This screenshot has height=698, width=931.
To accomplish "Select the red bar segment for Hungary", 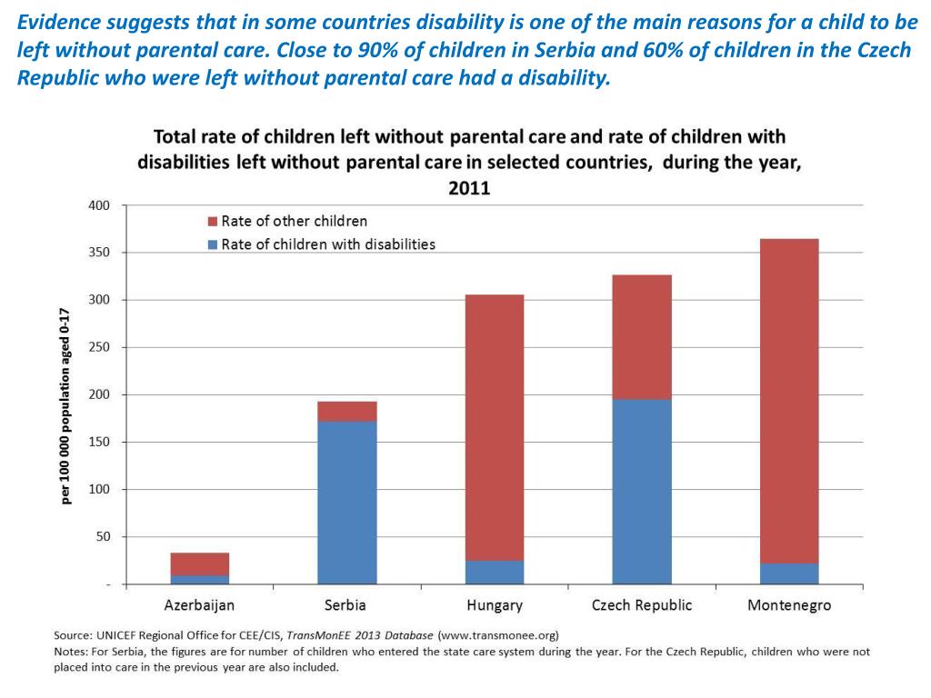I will pos(495,427).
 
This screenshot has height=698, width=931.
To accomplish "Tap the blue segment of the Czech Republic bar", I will pos(642,492).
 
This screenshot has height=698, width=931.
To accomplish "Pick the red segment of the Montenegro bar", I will pos(789,401).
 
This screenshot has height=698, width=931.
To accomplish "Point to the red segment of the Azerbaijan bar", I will pos(200,563).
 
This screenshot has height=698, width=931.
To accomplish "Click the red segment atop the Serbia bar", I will pos(347,411).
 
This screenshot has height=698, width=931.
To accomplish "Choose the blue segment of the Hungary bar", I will pos(495,572).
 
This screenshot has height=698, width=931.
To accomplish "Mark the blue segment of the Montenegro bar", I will pos(789,573).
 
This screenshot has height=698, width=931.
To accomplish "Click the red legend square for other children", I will pos(214,222).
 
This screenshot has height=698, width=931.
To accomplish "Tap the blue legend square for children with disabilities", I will pos(214,244).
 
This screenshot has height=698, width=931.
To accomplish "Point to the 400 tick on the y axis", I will pos(98,205).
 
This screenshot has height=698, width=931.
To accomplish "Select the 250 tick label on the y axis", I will pos(98,347).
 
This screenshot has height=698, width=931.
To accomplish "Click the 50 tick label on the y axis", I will pos(102,536).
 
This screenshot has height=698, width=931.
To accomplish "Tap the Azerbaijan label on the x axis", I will pos(199,605).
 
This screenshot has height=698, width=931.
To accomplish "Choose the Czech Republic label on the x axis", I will pos(642,605).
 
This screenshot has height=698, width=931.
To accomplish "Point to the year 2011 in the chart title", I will pos(469,188).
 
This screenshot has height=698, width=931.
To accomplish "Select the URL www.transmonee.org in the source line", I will pos(498,634).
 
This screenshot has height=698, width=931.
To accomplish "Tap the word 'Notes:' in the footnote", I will pos(75,651).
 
